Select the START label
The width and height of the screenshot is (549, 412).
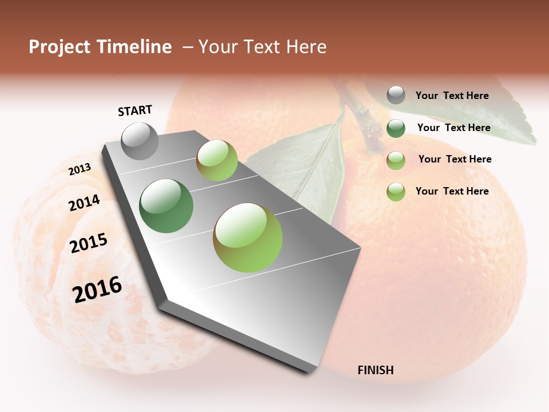135,110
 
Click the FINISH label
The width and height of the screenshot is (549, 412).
376,370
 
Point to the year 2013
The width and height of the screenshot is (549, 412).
79,169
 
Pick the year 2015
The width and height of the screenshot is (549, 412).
89,243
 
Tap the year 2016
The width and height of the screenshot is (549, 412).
97,290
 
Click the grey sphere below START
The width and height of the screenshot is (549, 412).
140,141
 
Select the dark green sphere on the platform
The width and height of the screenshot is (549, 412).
166,206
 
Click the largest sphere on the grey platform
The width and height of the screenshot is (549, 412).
248,237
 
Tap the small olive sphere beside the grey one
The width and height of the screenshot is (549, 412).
217,160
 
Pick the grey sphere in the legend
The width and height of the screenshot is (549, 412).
396,95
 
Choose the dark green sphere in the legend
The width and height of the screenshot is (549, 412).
396,128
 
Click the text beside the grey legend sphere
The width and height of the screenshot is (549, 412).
452,96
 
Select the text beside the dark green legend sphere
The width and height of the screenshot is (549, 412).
453,128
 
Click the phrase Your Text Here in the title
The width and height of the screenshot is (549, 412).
262,47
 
